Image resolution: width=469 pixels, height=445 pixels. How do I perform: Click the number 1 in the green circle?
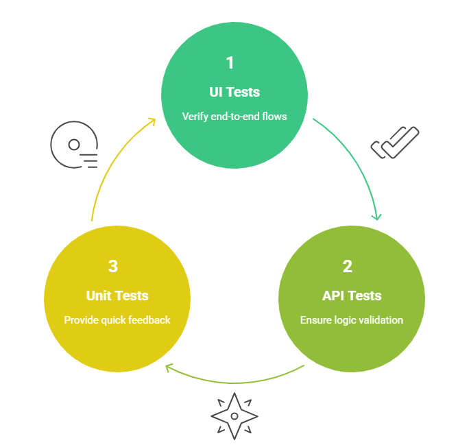pyautogui.click(x=230, y=62)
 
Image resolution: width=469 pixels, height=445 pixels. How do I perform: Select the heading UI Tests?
pyautogui.click(x=234, y=92)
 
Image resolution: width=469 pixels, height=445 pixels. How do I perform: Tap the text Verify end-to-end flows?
pyautogui.click(x=234, y=116)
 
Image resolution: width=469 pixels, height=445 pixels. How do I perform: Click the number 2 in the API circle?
pyautogui.click(x=348, y=266)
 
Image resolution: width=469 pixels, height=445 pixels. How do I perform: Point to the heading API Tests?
pyautogui.click(x=352, y=296)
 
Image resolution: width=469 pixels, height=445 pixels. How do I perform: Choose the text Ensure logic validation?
pyautogui.click(x=352, y=320)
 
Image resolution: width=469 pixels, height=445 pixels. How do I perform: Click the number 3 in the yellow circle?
pyautogui.click(x=113, y=266)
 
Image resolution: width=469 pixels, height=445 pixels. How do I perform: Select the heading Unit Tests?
pyautogui.click(x=117, y=296)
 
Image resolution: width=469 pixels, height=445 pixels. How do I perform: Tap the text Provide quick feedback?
pyautogui.click(x=117, y=320)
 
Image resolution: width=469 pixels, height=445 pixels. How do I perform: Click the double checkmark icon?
pyautogui.click(x=395, y=143)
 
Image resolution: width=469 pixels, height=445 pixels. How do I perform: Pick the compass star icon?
pyautogui.click(x=234, y=416)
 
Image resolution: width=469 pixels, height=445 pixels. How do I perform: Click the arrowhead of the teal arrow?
pyautogui.click(x=376, y=217)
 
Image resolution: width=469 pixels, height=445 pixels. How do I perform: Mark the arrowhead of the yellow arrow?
pyautogui.click(x=153, y=121)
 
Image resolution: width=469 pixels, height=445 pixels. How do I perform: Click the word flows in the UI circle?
pyautogui.click(x=274, y=116)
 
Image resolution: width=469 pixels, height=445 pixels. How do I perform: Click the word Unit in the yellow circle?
pyautogui.click(x=99, y=296)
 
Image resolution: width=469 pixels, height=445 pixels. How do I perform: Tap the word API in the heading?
pyautogui.click(x=334, y=296)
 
